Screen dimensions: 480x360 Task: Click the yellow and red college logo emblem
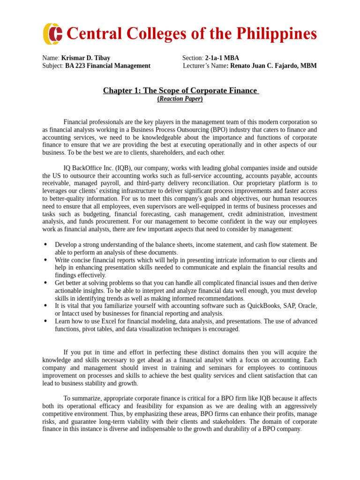(52, 34)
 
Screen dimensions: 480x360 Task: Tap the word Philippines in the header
(275, 34)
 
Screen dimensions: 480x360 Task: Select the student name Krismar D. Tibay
(86, 58)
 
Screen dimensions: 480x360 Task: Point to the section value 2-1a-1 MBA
(222, 58)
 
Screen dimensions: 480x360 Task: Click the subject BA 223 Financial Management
(108, 66)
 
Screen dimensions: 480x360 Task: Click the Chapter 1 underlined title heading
(180, 90)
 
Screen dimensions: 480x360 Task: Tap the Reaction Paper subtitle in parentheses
(180, 99)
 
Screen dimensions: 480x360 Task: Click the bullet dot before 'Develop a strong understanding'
(45, 245)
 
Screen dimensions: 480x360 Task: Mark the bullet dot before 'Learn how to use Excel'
(45, 321)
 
